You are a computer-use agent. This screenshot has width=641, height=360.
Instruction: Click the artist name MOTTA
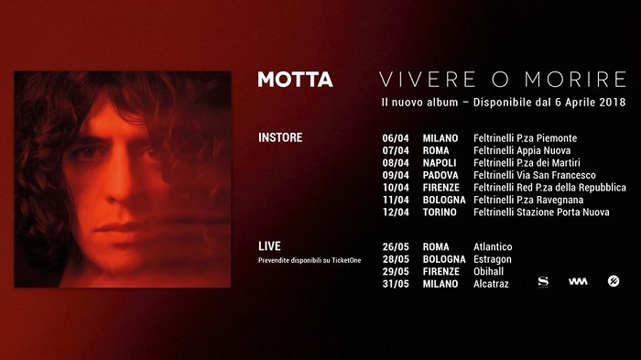pos(295,79)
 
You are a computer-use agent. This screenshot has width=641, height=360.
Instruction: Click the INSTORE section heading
pos(280,138)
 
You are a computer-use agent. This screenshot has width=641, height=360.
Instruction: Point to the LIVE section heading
pos(269,246)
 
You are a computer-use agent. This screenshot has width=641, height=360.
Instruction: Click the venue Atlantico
pos(493,247)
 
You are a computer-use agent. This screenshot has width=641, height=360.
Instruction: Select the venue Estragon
pos(492,259)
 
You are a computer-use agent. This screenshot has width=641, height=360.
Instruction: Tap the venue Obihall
pos(490,271)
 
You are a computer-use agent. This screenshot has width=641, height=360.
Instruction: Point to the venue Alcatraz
pos(491,284)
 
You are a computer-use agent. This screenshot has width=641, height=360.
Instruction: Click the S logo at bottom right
pos(542,281)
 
